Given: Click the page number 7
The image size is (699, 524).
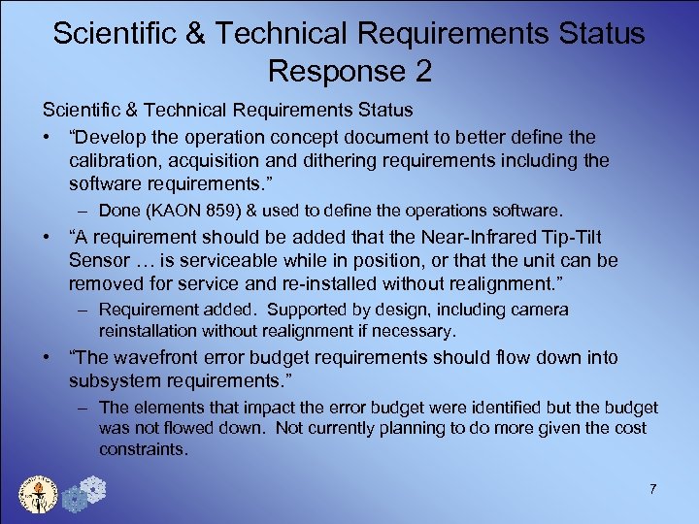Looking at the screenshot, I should click(653, 489).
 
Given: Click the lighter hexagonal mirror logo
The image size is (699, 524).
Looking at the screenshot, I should click(94, 487).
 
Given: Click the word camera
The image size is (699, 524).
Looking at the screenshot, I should click(541, 310).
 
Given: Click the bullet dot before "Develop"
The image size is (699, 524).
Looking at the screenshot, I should click(47, 138).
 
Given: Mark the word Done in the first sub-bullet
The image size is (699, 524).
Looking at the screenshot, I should click(118, 210).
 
